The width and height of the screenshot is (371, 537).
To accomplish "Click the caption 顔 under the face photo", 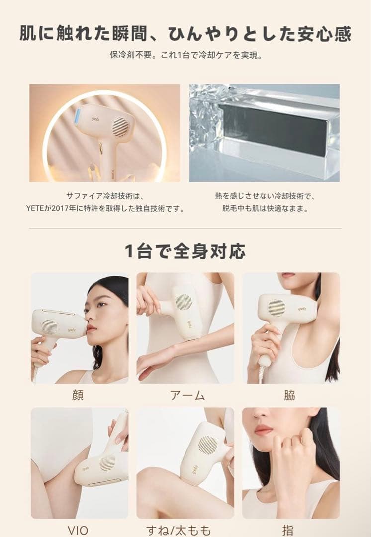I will pyautogui.click(x=78, y=395).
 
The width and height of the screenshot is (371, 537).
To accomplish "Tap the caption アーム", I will pyautogui.click(x=187, y=395).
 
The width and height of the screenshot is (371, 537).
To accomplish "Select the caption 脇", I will pyautogui.click(x=289, y=395).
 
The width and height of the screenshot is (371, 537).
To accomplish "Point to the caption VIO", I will pyautogui.click(x=77, y=530).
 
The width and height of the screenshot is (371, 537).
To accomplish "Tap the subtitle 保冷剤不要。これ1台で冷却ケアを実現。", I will pyautogui.click(x=185, y=55).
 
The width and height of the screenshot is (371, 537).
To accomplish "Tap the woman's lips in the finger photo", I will pyautogui.click(x=264, y=429).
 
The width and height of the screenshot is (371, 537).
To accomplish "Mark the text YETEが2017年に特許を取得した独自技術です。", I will pyautogui.click(x=105, y=208).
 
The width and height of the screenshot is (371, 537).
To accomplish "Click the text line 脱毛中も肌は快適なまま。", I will pyautogui.click(x=265, y=208).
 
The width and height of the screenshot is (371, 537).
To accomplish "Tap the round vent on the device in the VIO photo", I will pyautogui.click(x=107, y=463).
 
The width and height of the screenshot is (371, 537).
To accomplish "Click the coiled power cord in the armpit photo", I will pyautogui.click(x=263, y=370).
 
